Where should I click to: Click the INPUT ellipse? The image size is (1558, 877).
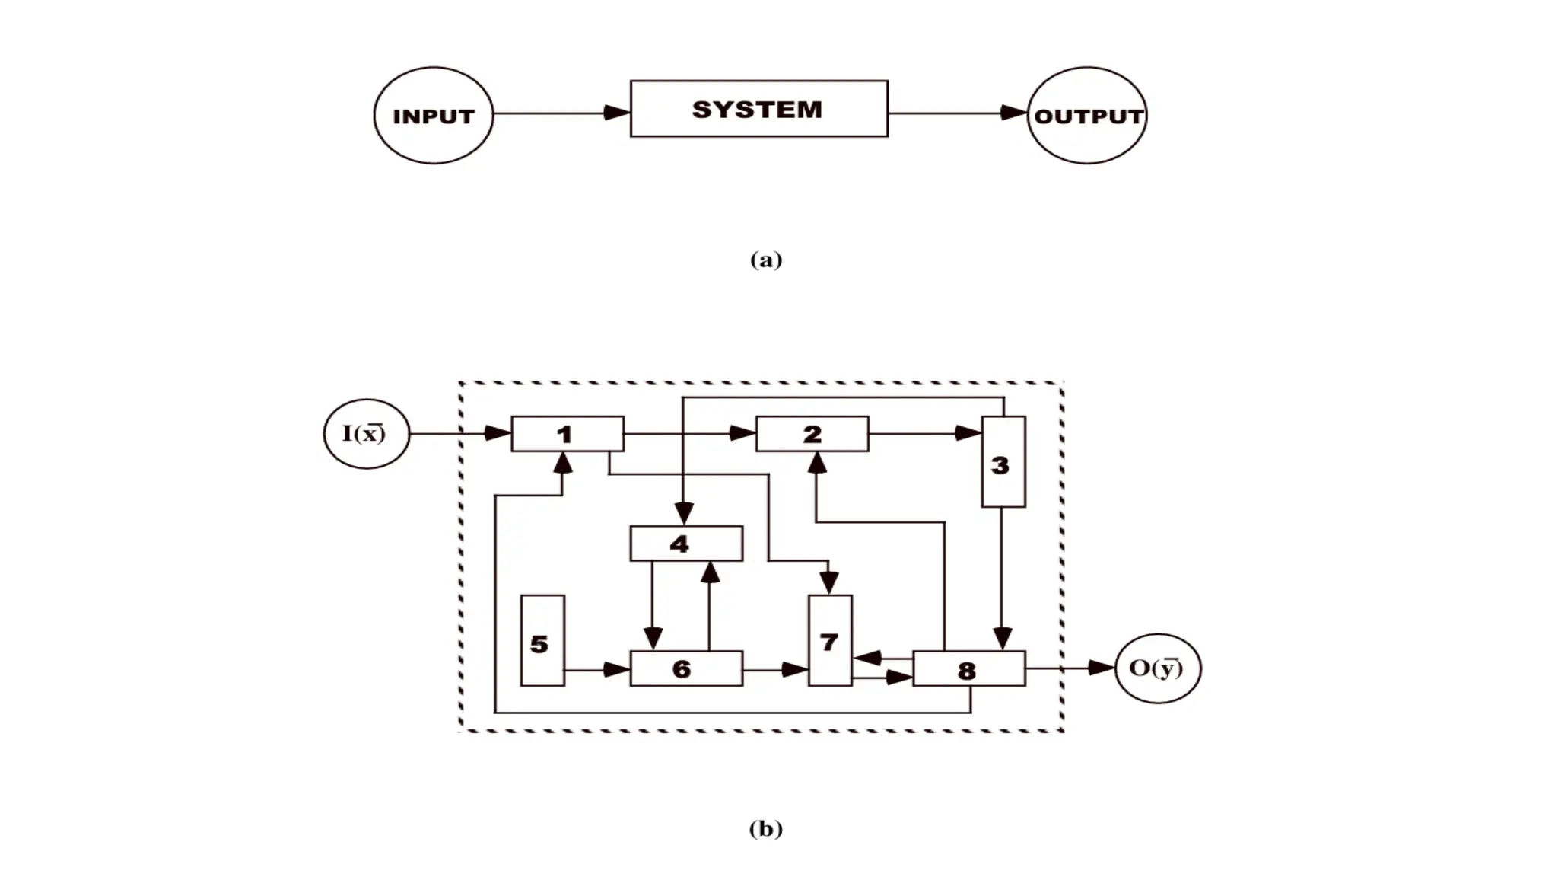(x=433, y=115)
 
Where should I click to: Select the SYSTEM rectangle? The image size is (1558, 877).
(x=758, y=109)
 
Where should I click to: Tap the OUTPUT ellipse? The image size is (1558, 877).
(x=1087, y=115)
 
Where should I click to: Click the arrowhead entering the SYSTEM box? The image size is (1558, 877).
(x=618, y=113)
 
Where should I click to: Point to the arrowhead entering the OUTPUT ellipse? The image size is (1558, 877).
(x=1014, y=113)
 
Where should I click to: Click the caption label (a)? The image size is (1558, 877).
(x=765, y=260)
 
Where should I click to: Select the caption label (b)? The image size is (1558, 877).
(x=765, y=828)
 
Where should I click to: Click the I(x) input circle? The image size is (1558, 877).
(x=366, y=433)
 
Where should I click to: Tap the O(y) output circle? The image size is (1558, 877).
(x=1157, y=668)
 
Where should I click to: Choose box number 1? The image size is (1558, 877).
(x=568, y=434)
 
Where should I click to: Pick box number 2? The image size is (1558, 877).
(x=812, y=434)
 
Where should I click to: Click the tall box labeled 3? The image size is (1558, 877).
(x=1003, y=462)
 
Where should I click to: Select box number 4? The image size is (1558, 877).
(x=686, y=544)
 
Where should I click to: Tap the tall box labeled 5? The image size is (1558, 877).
(x=542, y=641)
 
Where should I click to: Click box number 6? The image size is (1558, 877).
(x=686, y=668)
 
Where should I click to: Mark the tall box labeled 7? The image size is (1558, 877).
(x=829, y=640)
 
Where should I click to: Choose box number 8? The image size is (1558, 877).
(x=968, y=668)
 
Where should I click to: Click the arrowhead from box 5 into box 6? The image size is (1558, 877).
(x=617, y=670)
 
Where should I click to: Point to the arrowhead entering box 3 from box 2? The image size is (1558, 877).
(x=968, y=433)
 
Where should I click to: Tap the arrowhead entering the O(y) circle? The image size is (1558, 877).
(x=1102, y=668)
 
